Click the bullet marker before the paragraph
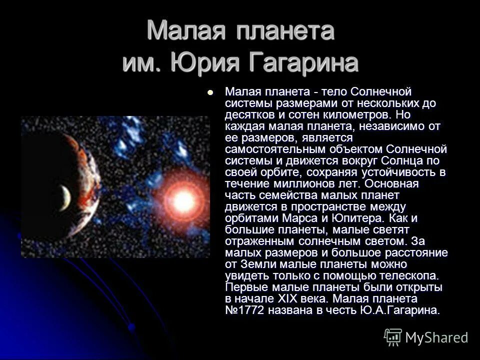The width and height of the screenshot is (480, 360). click(x=210, y=92)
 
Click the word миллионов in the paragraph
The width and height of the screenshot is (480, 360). click(x=298, y=183)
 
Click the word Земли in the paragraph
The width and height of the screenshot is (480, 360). click(x=255, y=264)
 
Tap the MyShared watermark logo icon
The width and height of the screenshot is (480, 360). click(x=393, y=337)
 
